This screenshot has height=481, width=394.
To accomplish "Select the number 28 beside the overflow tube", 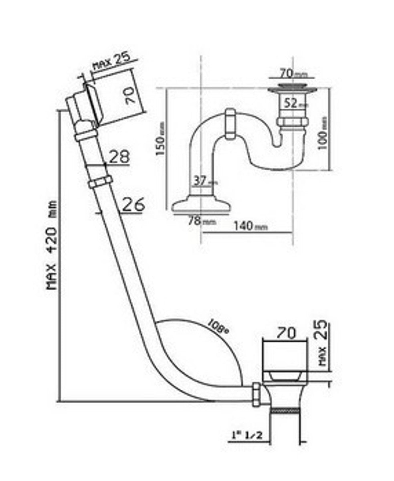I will (119, 157).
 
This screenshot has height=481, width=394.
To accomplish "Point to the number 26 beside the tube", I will (133, 204).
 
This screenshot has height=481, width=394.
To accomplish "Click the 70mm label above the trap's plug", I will (291, 73).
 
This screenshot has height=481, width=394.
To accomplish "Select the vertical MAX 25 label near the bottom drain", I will (323, 343).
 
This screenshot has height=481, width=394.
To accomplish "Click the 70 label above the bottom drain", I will (286, 333).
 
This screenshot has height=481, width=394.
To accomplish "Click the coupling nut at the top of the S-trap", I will (230, 123).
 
